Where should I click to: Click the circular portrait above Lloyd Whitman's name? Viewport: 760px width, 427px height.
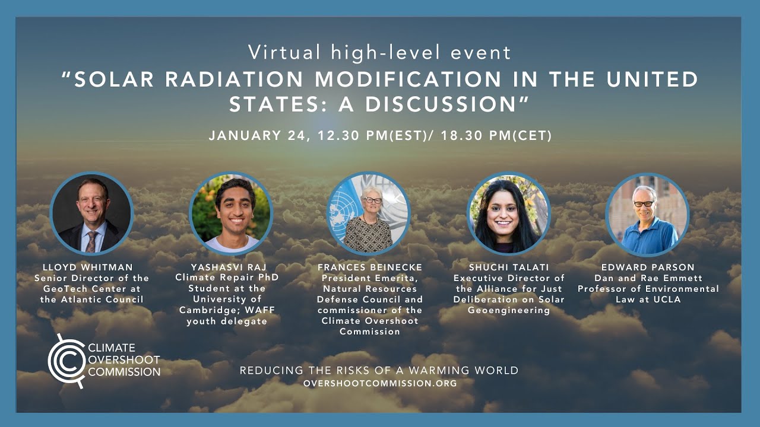[x=92, y=213]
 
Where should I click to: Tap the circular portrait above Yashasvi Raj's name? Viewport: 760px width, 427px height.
[x=231, y=213]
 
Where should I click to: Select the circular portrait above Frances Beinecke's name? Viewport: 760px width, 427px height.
[x=369, y=213]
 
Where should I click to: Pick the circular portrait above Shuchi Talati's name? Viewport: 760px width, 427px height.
[x=509, y=213]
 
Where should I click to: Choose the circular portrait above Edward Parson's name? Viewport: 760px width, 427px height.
[x=647, y=213]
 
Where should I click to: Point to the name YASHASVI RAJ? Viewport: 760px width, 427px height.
[x=226, y=267]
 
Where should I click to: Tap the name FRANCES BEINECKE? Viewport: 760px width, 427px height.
[x=369, y=267]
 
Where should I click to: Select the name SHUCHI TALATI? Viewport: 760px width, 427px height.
[x=509, y=267]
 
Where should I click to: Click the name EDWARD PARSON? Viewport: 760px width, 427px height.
[x=648, y=267]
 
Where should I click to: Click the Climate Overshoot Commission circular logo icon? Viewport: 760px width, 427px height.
[x=65, y=361]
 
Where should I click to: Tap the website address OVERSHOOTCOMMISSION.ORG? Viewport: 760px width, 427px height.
[x=380, y=384]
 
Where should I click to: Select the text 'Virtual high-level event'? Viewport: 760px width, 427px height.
[x=380, y=53]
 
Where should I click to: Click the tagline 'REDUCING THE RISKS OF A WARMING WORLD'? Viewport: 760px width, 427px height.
[x=379, y=371]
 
